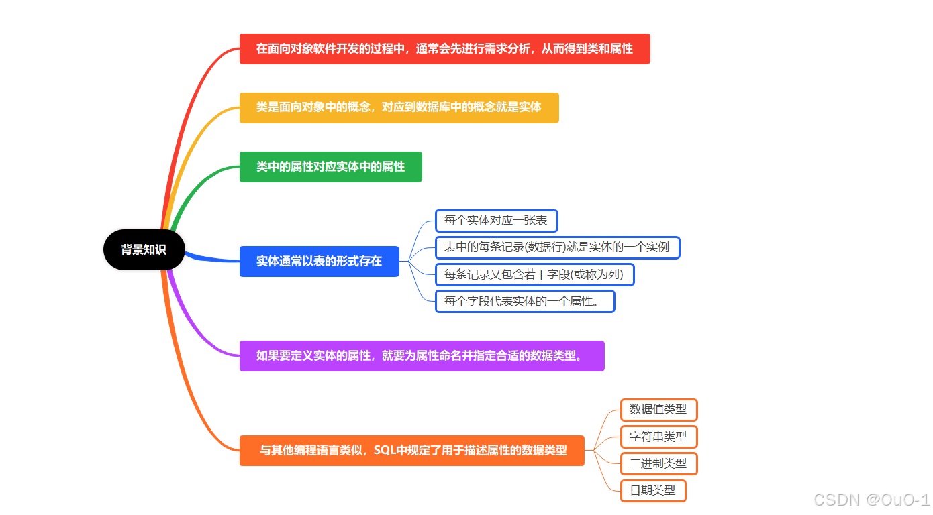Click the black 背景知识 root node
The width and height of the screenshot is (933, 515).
tap(144, 249)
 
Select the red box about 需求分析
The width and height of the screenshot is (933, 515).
tap(444, 49)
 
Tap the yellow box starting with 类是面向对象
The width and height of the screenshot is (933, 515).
tap(399, 107)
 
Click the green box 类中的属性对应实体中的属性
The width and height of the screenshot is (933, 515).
tap(330, 166)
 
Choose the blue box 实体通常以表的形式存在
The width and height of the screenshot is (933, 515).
tap(319, 261)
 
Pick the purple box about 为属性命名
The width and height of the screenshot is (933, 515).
tap(422, 355)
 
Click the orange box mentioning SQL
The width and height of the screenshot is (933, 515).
tap(411, 450)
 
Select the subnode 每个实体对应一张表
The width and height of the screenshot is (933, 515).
tap(496, 221)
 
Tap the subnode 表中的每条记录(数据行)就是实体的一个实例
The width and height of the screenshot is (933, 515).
tap(557, 247)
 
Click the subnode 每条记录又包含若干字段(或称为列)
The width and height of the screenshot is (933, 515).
tap(534, 274)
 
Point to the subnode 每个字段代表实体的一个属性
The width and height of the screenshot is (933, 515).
tap(525, 301)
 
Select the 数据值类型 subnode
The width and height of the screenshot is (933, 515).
tap(658, 410)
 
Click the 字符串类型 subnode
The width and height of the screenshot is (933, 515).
tap(658, 437)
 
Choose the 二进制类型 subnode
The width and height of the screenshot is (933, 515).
tap(658, 463)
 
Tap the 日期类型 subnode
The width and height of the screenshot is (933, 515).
tap(653, 490)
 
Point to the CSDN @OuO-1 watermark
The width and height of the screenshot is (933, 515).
tap(871, 500)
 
